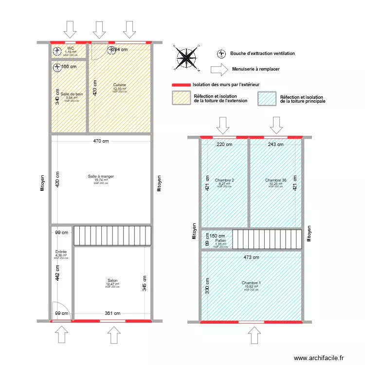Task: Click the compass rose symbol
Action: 185,56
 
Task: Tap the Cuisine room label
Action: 120,85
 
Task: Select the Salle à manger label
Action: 101,176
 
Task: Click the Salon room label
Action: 112,281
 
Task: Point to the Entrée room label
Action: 61,252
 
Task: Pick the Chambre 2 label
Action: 224,180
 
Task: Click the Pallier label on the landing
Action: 220,240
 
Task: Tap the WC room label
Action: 71,48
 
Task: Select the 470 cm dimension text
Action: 101,142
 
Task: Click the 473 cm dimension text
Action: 252,257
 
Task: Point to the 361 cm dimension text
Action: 112,313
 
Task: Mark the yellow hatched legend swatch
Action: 181,98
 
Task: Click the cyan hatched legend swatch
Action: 267,98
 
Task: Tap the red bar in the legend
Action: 181,84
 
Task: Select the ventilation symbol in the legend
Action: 222,54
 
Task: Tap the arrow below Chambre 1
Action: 254,336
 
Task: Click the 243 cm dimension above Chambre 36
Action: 276,144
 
